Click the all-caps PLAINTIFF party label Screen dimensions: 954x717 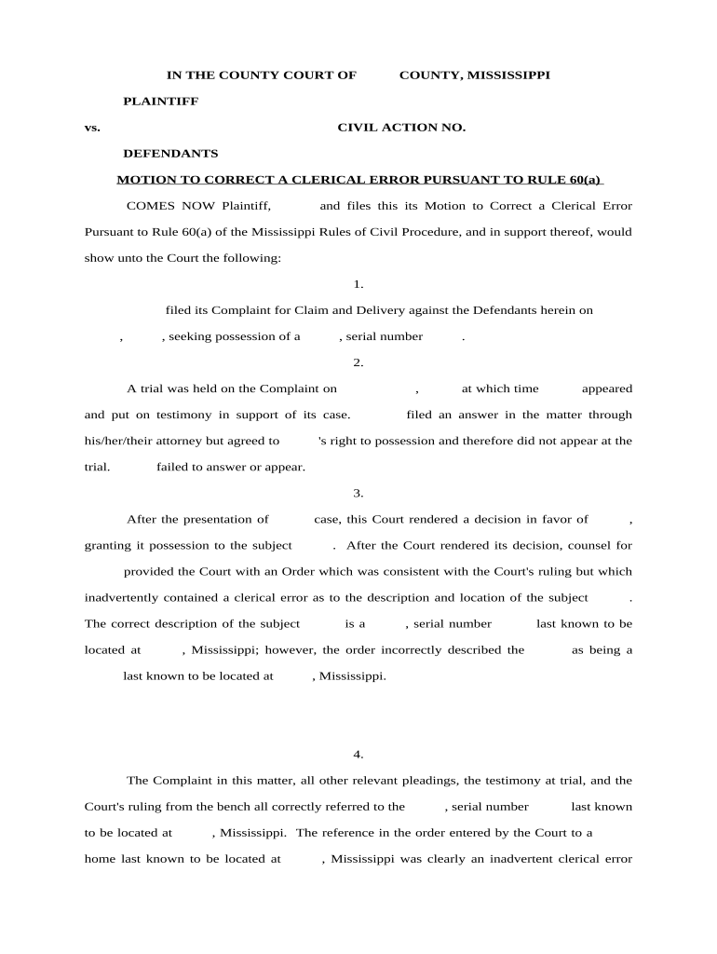pos(160,101)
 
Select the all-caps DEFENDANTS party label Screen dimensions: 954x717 pos(170,153)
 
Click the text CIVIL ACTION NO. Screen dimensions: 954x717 pos(400,127)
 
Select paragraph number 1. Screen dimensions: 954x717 pos(358,284)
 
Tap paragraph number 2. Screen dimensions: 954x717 pos(358,362)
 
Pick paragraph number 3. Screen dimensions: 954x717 pos(358,493)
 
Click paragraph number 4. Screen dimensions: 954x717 pos(358,754)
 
